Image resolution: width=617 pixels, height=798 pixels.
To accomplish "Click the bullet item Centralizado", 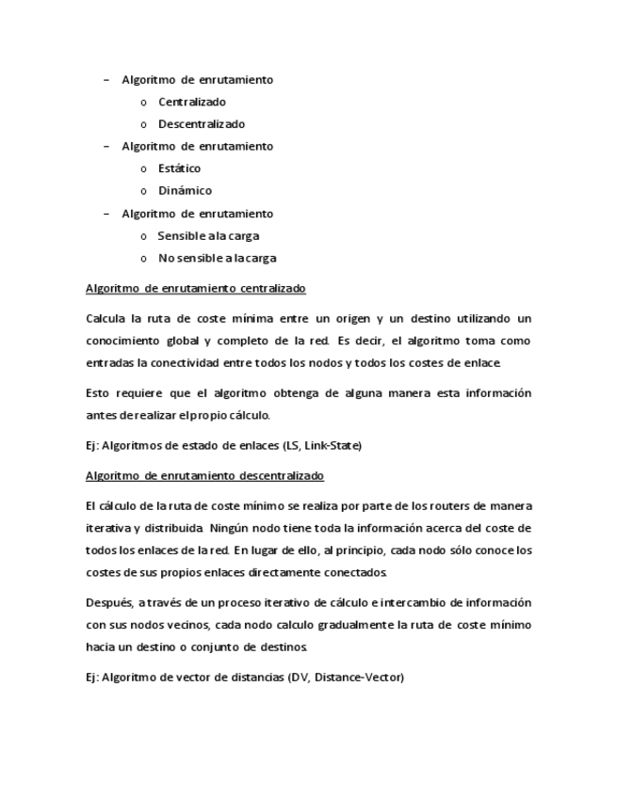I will pyautogui.click(x=191, y=102).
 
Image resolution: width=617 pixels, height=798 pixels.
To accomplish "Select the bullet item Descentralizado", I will pyautogui.click(x=201, y=124).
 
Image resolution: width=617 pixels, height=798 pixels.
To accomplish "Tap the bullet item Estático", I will pyautogui.click(x=179, y=168).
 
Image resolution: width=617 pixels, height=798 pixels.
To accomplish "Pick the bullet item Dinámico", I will pyautogui.click(x=185, y=191).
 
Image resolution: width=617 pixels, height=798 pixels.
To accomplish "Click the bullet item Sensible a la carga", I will pyautogui.click(x=208, y=236).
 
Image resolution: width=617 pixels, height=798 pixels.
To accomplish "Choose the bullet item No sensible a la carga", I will pyautogui.click(x=217, y=258).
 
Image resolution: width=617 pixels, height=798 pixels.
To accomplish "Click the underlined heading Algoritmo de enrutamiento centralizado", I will pyautogui.click(x=195, y=289).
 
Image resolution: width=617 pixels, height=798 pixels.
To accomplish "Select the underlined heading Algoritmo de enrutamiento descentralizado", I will pyautogui.click(x=204, y=476).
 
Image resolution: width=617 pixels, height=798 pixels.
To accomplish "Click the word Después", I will pyautogui.click(x=108, y=602).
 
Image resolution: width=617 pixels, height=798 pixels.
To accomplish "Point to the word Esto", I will pyautogui.click(x=98, y=393).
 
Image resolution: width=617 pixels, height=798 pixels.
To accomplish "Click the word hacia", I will pyautogui.click(x=101, y=647).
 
